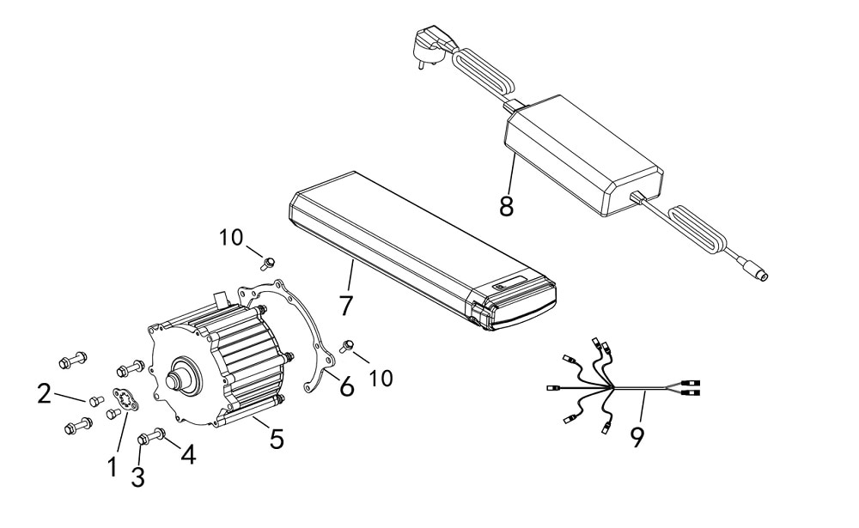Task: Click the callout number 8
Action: tap(506, 206)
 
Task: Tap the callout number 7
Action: tap(345, 305)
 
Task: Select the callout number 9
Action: tap(637, 436)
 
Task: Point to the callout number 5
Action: tap(277, 439)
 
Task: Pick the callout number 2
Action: tap(45, 394)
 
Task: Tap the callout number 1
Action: tap(113, 467)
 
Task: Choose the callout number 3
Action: tap(137, 476)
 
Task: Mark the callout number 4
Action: tap(188, 454)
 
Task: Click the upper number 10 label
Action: tap(230, 238)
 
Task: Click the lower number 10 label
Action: tap(381, 378)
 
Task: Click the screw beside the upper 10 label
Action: tap(267, 264)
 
